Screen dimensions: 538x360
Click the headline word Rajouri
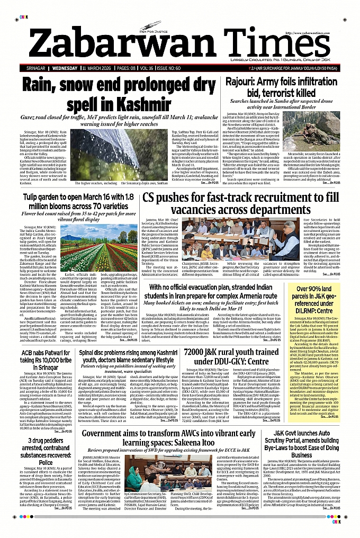coord(243,82)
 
